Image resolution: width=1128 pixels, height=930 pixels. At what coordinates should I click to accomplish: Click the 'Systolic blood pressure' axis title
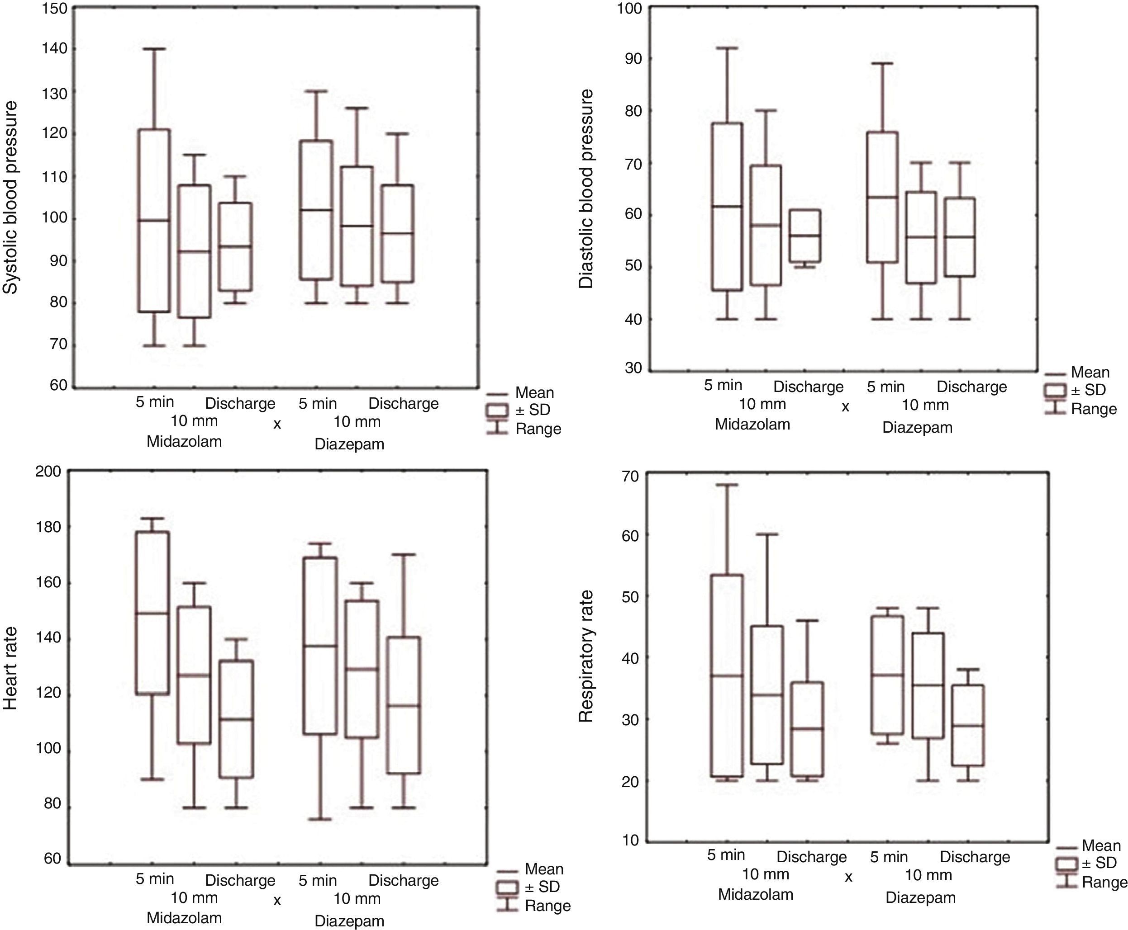pos(11,198)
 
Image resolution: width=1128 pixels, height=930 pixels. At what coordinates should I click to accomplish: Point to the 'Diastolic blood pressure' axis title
pos(586,189)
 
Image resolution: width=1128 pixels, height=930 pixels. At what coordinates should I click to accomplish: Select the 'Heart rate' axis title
pos(11,668)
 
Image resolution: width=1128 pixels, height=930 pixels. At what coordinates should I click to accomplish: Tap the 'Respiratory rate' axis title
pos(586,657)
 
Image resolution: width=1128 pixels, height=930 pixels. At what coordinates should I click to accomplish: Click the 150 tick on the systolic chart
pos(55,9)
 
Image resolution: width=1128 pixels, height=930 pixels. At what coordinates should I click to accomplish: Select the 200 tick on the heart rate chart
pos(49,472)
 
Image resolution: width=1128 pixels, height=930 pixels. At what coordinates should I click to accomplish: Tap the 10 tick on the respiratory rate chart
pos(630,840)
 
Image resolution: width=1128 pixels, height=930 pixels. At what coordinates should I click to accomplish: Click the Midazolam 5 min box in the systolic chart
pos(154,220)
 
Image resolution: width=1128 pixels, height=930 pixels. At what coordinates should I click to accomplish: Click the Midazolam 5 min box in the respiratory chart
pos(727,675)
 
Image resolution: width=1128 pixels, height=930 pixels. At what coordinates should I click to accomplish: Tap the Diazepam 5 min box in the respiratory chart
pos(888,675)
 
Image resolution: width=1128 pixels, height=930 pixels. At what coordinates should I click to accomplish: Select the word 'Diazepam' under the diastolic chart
pos(917,428)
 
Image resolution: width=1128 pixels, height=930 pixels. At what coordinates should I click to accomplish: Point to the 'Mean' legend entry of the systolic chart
pos(534,393)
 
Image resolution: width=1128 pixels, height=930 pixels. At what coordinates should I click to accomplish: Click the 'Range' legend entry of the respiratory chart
pos(1104,883)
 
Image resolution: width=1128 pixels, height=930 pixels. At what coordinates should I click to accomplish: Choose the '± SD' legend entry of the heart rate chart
pos(542,887)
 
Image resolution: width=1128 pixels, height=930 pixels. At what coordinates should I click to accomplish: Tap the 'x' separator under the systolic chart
pos(277,424)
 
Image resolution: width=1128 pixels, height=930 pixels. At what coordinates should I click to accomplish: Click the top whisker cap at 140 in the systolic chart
pos(154,49)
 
